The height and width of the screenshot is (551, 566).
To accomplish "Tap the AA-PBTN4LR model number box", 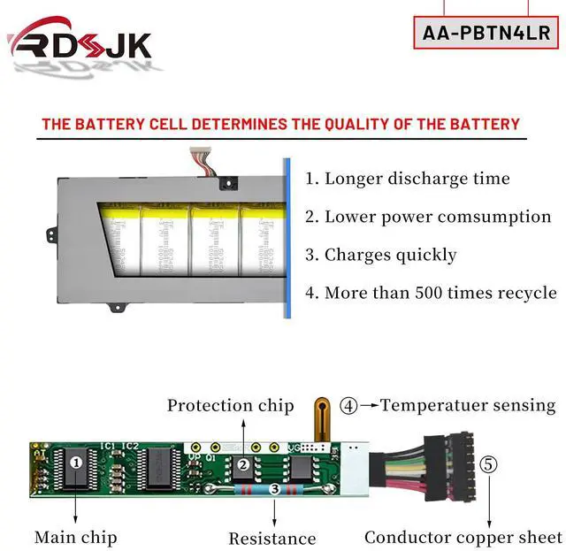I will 486,33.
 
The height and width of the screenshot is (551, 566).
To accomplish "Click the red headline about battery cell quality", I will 281,124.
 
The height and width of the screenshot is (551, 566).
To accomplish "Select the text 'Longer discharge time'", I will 408,179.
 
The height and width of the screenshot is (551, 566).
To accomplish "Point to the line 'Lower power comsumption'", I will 428,217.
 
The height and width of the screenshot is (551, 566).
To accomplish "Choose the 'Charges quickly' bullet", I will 381,255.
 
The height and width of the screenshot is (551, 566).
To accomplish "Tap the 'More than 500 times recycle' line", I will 431,293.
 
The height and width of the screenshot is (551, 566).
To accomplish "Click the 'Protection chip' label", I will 231,406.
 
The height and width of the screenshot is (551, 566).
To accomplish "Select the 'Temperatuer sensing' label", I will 468,406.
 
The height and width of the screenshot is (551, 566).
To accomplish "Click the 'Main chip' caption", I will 75,537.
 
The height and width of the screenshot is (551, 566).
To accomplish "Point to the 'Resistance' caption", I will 272,538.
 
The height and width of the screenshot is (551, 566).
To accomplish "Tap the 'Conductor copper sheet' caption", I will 463,537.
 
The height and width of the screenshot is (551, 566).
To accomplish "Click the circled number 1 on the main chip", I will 77,461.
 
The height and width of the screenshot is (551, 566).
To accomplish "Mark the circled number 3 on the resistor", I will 274,488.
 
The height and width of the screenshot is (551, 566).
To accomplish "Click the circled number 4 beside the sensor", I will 349,406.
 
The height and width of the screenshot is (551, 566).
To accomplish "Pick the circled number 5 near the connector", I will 489,463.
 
